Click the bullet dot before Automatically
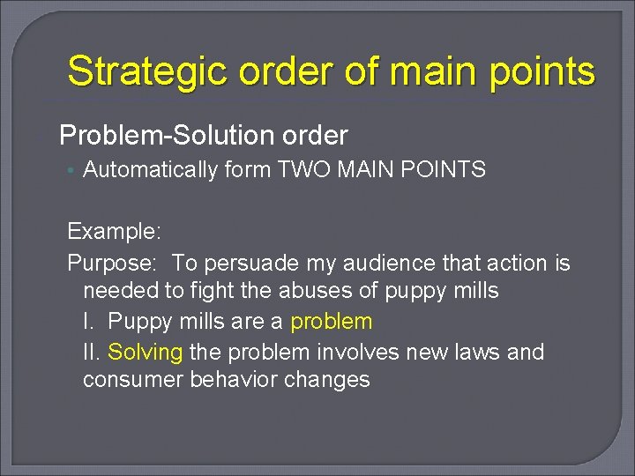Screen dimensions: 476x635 click(x=72, y=171)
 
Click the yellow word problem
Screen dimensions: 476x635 click(x=331, y=322)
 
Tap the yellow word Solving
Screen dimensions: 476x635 click(x=145, y=352)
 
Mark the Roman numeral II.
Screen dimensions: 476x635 click(x=91, y=352)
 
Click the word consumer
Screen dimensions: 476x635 click(x=124, y=380)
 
